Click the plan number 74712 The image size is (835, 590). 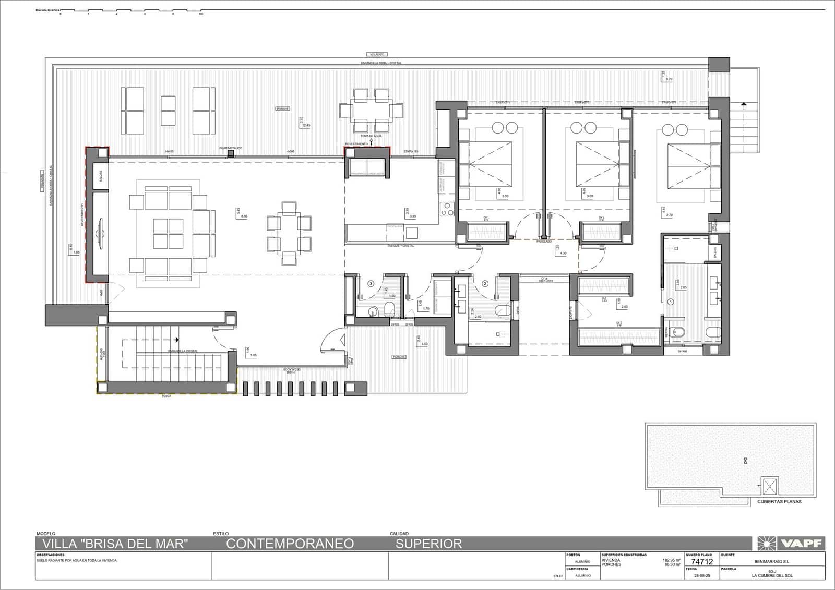(701, 562)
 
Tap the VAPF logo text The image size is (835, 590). (801, 544)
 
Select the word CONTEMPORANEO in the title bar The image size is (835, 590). (290, 544)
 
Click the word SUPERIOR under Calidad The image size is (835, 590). (428, 544)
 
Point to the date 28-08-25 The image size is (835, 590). (701, 575)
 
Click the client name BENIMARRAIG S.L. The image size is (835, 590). (772, 562)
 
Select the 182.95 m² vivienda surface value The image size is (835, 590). (671, 560)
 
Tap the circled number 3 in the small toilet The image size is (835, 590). (371, 284)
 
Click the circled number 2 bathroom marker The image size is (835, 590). (485, 284)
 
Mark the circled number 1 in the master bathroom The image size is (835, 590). (671, 301)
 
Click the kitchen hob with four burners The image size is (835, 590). (447, 209)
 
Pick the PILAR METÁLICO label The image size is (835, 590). (231, 148)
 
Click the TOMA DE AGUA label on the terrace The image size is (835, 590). (371, 136)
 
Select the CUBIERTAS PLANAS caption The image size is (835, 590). (779, 502)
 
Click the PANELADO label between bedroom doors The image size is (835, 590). (544, 242)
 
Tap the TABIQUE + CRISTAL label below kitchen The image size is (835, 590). (400, 246)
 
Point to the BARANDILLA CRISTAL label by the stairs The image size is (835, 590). (183, 351)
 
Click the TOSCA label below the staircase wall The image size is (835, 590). (166, 396)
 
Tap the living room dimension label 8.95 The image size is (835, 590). (244, 216)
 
